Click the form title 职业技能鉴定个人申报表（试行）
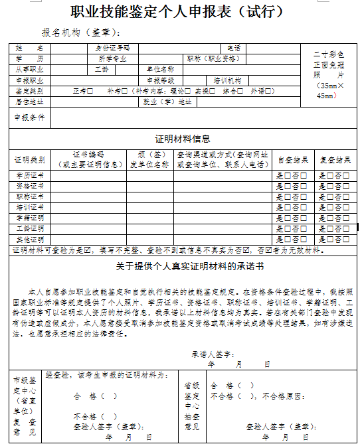(179, 13)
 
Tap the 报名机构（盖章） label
(80, 33)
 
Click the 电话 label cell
(234, 48)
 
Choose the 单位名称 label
(160, 69)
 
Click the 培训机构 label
(226, 80)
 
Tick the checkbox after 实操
(213, 91)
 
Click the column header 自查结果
(292, 160)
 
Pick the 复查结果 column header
(334, 160)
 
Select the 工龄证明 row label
(29, 228)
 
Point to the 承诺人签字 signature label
(212, 354)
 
